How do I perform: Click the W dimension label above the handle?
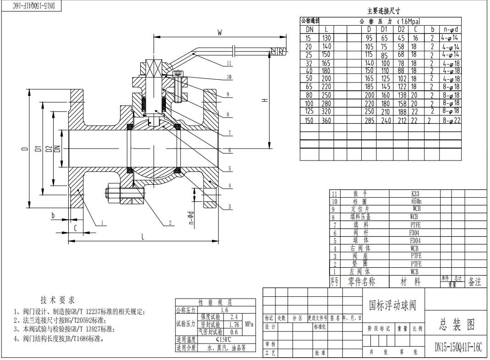click(220, 33)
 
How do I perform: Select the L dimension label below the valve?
click(143, 237)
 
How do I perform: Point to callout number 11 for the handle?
click(229, 63)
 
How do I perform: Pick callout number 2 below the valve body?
click(170, 223)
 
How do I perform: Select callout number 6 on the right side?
click(230, 150)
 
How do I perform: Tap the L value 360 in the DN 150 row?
click(326, 120)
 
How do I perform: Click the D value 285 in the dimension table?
click(369, 120)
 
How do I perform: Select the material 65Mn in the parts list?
click(415, 201)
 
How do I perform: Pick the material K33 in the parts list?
click(415, 194)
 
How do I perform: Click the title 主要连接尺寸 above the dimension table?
click(384, 11)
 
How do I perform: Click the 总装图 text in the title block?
click(457, 325)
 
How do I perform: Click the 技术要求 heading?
click(57, 300)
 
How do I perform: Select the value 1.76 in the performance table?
click(234, 324)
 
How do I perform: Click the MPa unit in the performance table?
click(249, 324)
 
